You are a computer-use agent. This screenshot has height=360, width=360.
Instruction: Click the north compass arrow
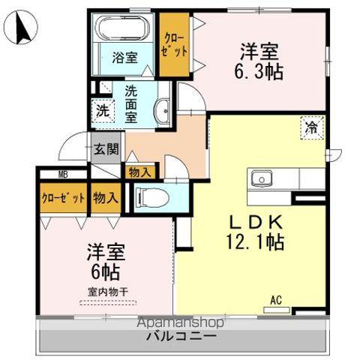[20, 28]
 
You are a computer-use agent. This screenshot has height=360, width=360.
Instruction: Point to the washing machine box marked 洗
[102, 110]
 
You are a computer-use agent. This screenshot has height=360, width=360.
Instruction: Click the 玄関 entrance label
[106, 148]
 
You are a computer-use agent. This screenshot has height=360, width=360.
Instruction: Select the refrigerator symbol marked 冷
[309, 128]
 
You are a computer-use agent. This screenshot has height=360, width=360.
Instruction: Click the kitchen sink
[262, 178]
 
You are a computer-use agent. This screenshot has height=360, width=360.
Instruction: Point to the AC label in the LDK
[275, 300]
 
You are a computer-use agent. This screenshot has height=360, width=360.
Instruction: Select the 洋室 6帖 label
[105, 259]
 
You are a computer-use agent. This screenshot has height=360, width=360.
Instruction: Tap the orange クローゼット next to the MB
[63, 199]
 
